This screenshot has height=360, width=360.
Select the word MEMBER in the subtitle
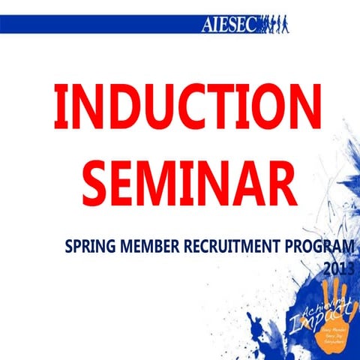[148, 247]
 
